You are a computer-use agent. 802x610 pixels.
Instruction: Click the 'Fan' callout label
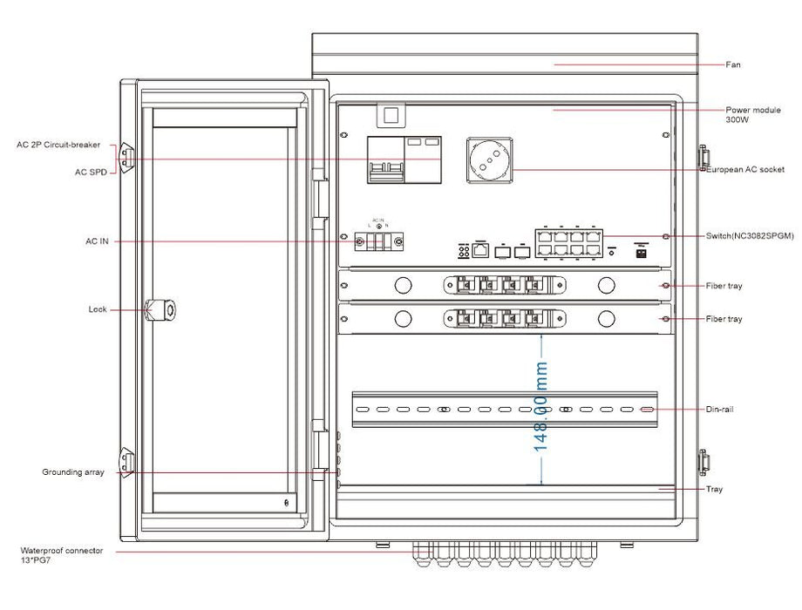point(734,65)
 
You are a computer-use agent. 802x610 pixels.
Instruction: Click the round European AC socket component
point(489,159)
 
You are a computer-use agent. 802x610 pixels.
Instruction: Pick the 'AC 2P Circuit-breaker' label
point(58,145)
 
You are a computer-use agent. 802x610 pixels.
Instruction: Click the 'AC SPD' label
point(91,173)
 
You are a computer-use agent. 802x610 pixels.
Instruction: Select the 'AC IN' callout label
point(97,241)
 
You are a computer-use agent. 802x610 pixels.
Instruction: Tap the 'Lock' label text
point(98,309)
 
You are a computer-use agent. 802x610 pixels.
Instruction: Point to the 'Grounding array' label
point(73,472)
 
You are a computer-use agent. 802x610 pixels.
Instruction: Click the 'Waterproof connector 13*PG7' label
point(62,555)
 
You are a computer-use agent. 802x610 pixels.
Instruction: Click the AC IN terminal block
point(379,241)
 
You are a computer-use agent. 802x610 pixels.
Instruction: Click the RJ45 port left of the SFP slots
point(481,250)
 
